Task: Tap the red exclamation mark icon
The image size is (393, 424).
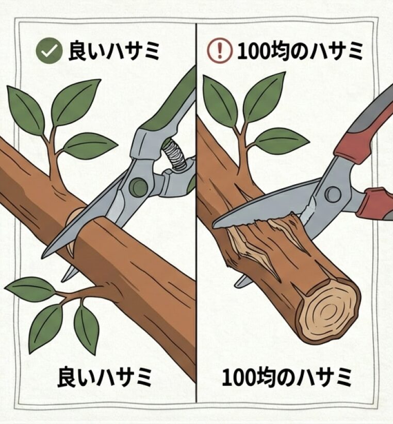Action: (x=220, y=51)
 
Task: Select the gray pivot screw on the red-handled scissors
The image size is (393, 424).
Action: (x=333, y=194)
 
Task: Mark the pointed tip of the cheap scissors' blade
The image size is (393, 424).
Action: (x=216, y=224)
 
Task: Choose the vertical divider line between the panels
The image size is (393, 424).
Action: (x=196, y=309)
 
